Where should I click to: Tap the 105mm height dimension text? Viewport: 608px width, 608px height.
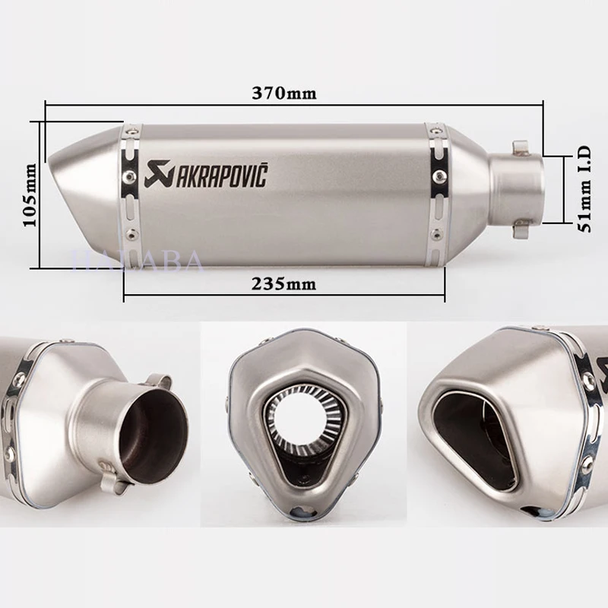pyautogui.click(x=30, y=195)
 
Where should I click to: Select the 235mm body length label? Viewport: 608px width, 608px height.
pyautogui.click(x=283, y=284)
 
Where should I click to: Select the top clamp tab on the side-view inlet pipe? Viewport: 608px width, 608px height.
pyautogui.click(x=520, y=145)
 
